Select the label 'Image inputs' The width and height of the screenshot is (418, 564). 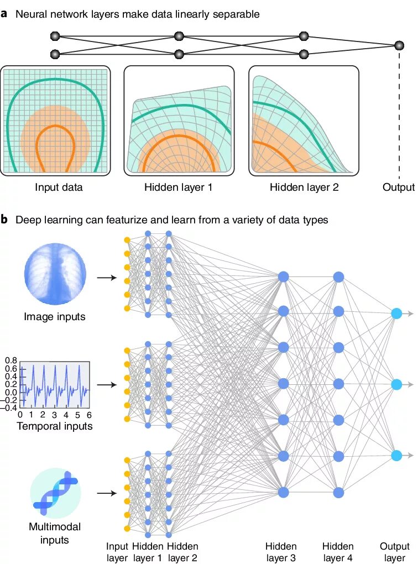pos(55,317)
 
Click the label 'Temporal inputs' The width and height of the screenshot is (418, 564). pos(55,426)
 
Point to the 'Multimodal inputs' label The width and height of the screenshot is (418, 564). pos(55,532)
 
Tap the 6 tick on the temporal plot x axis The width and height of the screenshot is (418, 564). pos(88,415)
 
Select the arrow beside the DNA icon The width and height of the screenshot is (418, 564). pos(107,493)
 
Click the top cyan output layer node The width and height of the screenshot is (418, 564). pos(396,314)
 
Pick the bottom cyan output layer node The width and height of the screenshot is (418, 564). pos(396,456)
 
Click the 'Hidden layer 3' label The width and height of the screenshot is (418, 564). pos(281,552)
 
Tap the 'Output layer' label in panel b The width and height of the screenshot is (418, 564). pos(395,552)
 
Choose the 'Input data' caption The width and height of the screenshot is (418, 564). pos(59,187)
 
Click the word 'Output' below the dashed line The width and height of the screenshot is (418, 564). pos(398,187)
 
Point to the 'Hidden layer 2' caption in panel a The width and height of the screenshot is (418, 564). pos(304,187)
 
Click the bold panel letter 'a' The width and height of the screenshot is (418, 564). pos(4,14)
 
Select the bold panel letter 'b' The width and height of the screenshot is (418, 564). pos(4,220)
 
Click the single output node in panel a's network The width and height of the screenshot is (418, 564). pos(399,45)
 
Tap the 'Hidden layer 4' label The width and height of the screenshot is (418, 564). pos(338,552)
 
